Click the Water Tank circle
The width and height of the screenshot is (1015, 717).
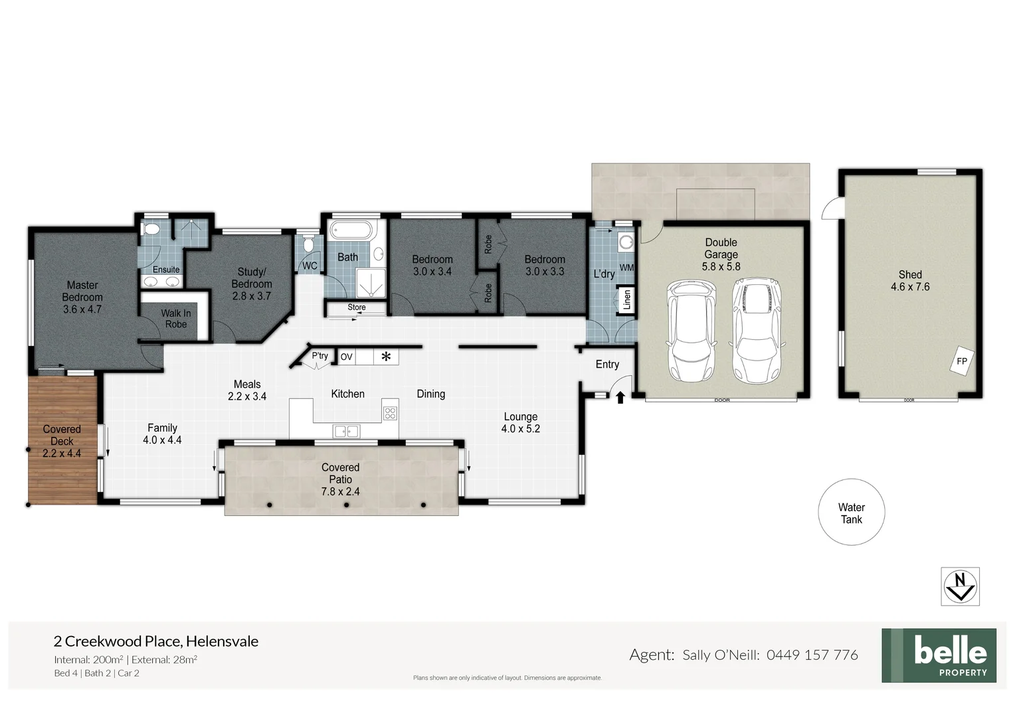coord(851,513)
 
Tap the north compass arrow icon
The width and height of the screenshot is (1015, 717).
coord(960,586)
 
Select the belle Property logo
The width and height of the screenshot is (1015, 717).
coord(939,655)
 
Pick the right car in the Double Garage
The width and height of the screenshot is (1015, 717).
coord(757,331)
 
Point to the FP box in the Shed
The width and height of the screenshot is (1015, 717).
coord(961,361)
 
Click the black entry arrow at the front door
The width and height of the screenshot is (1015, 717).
coord(620,398)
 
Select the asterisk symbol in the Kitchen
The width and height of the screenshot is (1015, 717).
coord(385,357)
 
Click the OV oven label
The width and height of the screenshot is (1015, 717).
coord(346,357)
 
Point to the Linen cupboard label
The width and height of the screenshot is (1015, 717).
coord(626,301)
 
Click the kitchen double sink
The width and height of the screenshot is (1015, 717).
coord(345,432)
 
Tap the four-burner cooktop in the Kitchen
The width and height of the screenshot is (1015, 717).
coord(390,414)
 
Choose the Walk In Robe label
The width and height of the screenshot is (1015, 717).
coord(175,319)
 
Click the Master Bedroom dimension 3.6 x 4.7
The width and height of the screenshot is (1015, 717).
coord(82,309)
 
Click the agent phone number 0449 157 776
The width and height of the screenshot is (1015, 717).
coord(812,655)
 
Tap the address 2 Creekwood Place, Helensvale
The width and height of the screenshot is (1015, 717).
coord(156,641)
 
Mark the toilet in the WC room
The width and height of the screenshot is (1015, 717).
coord(308,244)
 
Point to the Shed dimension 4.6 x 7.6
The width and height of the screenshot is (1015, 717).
coord(909,287)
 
